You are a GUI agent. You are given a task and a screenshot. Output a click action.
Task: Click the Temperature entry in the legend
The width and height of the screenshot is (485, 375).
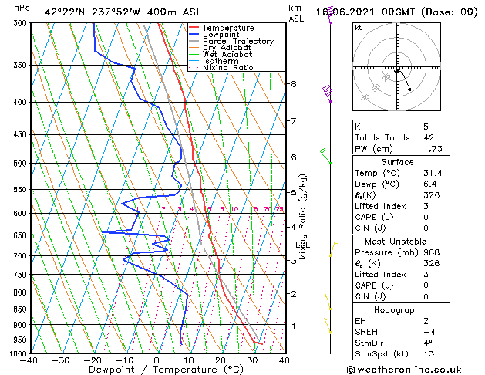[227, 28]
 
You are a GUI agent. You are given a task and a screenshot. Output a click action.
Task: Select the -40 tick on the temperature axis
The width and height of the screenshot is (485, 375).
[29, 360]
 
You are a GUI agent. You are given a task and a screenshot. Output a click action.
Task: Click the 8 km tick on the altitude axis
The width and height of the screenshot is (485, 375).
[294, 83]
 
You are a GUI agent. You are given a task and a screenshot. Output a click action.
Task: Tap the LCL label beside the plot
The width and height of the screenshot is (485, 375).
[303, 245]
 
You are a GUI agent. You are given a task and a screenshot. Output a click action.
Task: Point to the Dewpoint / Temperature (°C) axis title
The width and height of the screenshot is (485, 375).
[157, 370]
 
